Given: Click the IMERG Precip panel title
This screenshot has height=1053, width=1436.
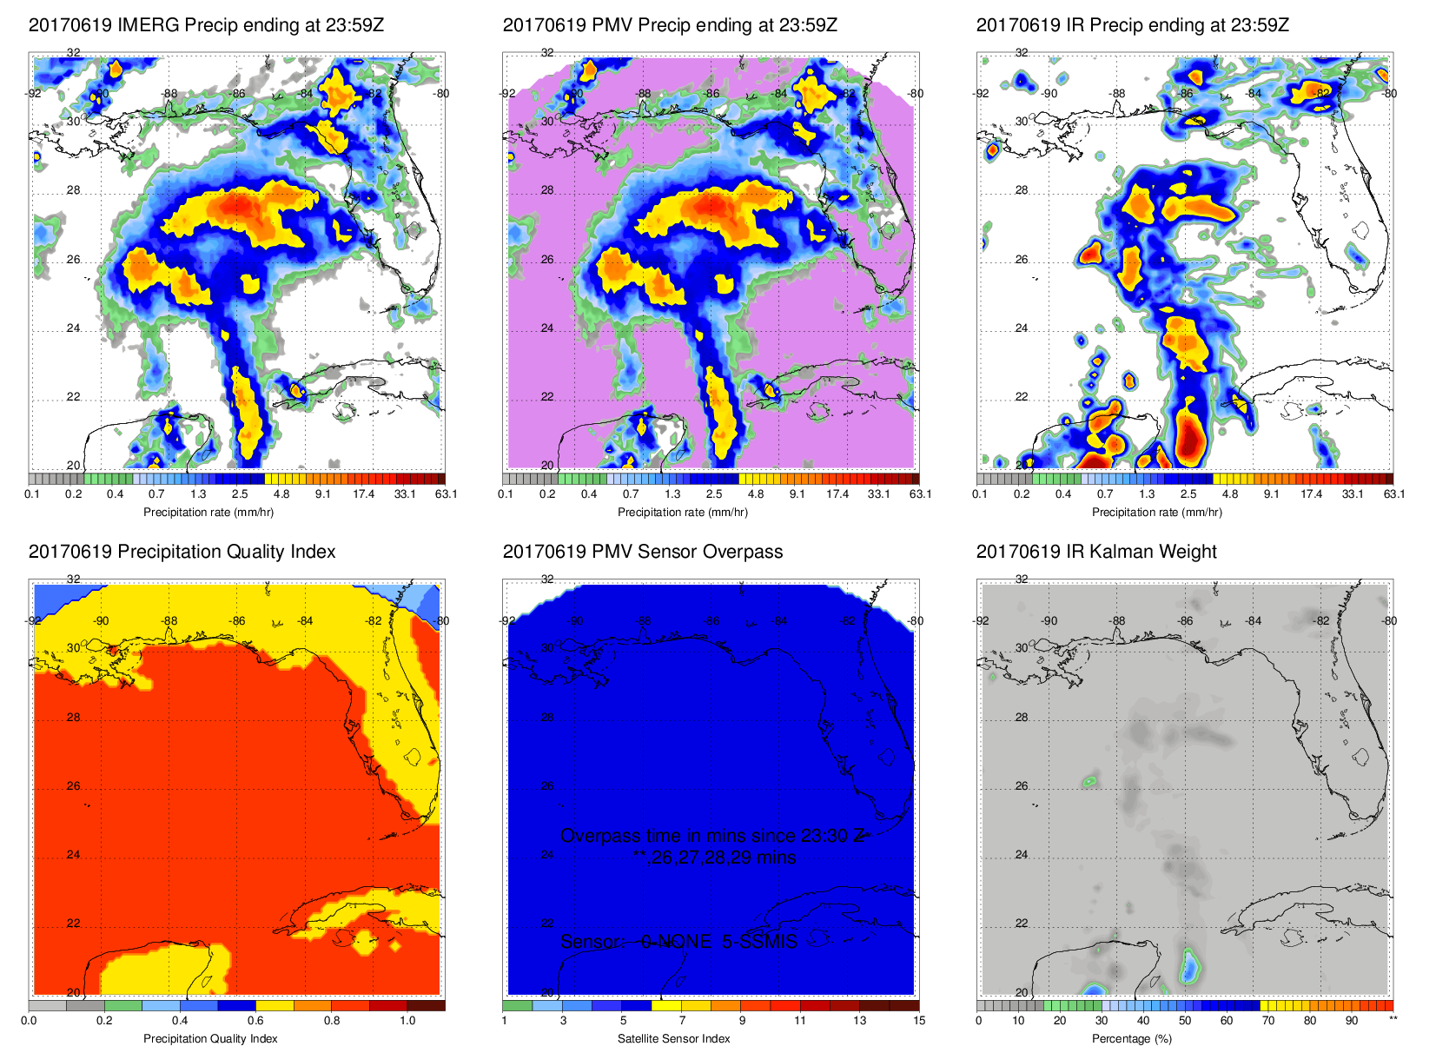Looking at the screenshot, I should click(206, 25).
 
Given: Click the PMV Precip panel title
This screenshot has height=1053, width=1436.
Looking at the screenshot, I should click(670, 25).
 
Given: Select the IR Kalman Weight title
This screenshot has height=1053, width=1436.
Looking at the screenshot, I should click(1096, 552).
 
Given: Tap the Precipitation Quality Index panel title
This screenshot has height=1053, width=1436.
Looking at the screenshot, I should click(182, 552).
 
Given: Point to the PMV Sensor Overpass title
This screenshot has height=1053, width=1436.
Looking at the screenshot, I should click(643, 552).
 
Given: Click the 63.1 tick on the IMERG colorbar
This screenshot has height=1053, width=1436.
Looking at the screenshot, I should click(446, 493).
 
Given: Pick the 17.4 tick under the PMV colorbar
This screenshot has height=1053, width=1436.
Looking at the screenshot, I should click(837, 493).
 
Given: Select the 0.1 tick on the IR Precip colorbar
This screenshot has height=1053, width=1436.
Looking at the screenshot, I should click(980, 493).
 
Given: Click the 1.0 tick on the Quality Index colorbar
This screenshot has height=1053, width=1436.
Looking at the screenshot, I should click(407, 1020).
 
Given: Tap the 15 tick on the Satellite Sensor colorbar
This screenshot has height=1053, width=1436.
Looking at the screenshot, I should click(919, 1020).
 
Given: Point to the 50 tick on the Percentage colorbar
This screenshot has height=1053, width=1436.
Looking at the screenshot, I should click(1185, 1020).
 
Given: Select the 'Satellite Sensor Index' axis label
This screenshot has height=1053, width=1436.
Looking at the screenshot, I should click(673, 1038).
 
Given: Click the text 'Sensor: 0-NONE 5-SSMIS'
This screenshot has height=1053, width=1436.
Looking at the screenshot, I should click(678, 942).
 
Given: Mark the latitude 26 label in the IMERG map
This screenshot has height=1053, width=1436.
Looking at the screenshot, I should click(73, 260).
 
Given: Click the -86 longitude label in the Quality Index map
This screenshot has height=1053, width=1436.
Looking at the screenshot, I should click(237, 620).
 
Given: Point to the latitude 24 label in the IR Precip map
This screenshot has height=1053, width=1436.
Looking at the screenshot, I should click(1022, 328).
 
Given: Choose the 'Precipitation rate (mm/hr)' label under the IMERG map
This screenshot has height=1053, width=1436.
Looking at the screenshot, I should click(208, 512).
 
